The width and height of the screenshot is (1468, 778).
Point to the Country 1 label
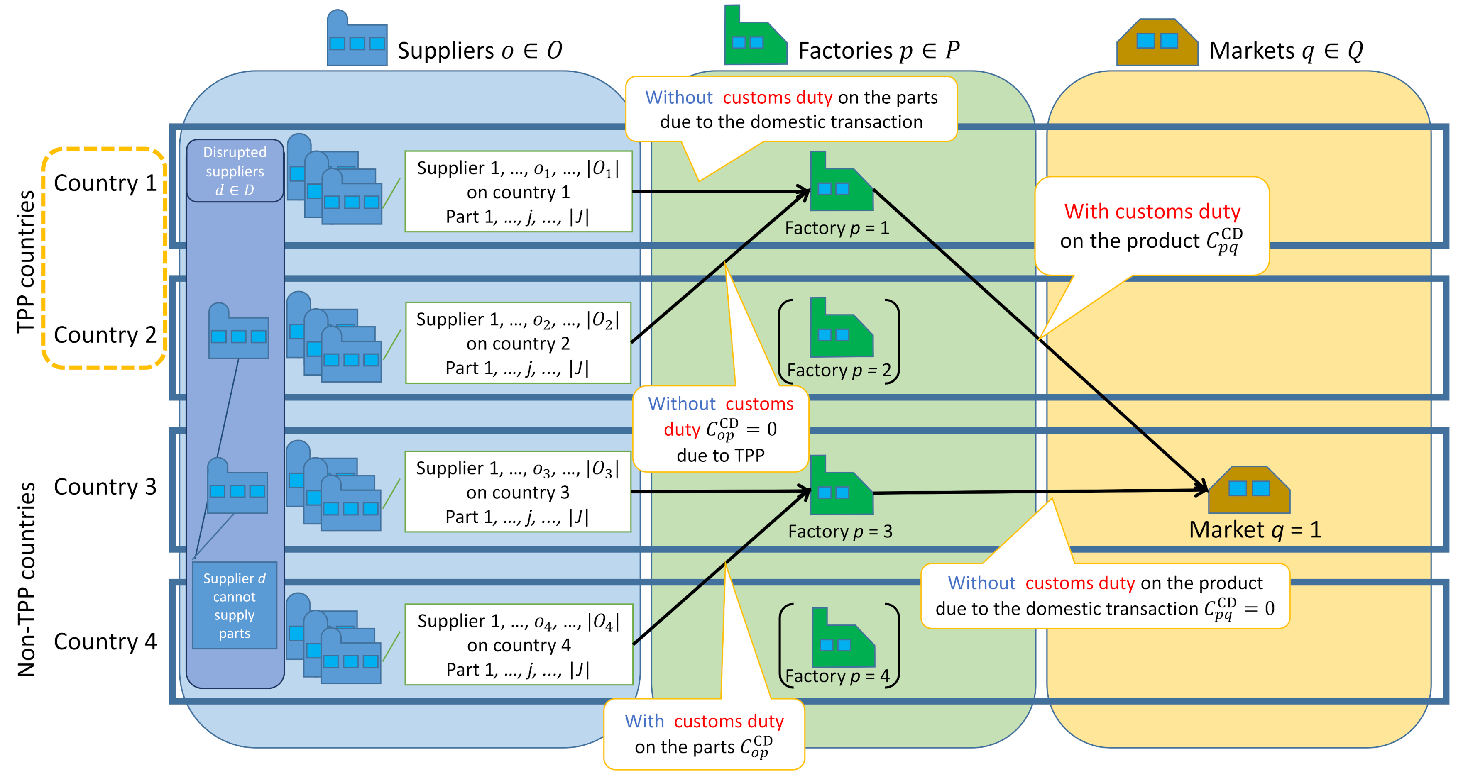point(105,183)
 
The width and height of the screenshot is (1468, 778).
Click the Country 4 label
point(105,642)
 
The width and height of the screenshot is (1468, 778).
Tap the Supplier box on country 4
point(518,645)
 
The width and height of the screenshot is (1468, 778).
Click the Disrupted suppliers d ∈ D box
point(235,171)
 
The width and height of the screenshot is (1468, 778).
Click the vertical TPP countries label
point(26,262)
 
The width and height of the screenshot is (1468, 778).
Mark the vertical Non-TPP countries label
point(26,580)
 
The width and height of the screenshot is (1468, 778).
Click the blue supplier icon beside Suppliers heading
point(357,40)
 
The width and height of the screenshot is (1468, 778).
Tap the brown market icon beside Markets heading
point(1157,43)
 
